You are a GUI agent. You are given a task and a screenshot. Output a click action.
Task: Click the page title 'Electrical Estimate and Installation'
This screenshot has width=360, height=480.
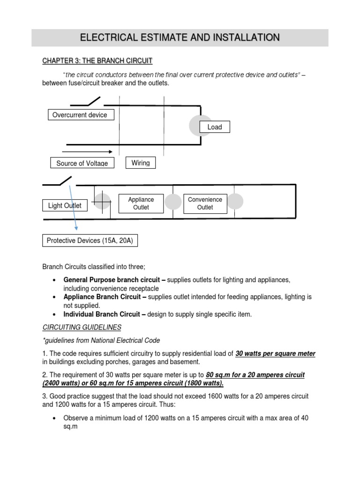click(x=180, y=37)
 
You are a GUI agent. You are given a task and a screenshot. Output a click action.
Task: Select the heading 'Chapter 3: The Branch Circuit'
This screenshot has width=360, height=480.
click(x=97, y=61)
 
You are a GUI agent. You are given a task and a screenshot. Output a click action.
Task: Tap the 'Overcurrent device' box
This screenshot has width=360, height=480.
click(x=81, y=115)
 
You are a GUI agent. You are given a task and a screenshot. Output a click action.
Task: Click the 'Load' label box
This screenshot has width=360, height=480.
click(x=214, y=127)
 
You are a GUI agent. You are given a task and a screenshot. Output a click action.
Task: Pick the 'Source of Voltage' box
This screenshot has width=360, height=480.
click(x=82, y=163)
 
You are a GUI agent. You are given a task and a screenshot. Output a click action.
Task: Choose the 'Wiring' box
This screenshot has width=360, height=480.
click(x=141, y=163)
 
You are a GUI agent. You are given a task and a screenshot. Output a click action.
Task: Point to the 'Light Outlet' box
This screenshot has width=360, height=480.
click(x=65, y=205)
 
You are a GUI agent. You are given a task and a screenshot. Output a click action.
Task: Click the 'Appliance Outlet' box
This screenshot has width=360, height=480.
click(x=141, y=203)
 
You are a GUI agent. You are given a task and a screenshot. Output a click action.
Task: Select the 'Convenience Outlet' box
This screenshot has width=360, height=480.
click(x=205, y=203)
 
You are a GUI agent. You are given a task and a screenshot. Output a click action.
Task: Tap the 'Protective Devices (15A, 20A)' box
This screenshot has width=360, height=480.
click(x=90, y=240)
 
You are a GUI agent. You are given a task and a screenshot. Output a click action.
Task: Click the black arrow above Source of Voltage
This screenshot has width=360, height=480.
click(x=87, y=151)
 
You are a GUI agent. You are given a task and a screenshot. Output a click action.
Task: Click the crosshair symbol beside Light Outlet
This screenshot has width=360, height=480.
click(x=102, y=202)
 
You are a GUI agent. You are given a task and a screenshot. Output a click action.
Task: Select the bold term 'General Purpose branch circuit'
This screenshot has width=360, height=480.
click(x=114, y=280)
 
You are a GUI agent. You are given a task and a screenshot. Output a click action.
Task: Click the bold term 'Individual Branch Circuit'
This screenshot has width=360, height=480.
click(x=105, y=315)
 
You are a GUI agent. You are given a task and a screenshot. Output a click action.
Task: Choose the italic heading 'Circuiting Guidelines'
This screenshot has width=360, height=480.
click(x=82, y=327)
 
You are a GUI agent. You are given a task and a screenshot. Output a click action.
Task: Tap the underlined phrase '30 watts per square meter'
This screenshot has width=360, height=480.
click(x=275, y=353)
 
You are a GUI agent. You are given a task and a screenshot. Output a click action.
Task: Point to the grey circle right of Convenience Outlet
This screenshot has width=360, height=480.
click(x=235, y=201)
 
